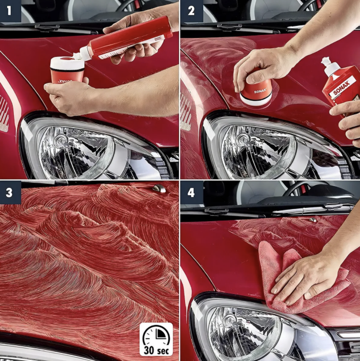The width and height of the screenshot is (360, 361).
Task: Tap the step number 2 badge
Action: [192, 11]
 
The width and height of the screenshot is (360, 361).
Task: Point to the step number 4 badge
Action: [192, 193]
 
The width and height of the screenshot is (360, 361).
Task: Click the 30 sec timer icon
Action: [156, 339]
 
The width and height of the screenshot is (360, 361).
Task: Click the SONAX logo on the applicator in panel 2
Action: [260, 91]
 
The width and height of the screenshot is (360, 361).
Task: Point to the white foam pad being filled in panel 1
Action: [67, 63]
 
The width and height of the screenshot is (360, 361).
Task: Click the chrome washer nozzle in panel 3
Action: [159, 189]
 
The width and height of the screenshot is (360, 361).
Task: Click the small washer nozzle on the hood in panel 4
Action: [313, 220]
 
